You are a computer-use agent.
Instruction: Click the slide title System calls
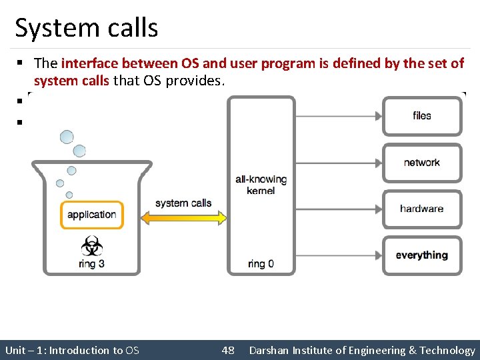(87, 28)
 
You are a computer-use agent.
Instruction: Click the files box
(421, 116)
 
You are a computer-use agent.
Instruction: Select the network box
(421, 163)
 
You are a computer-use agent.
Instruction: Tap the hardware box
(421, 209)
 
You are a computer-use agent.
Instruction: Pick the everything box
(421, 255)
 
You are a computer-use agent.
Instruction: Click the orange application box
(91, 215)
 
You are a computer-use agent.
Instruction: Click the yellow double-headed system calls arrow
(183, 218)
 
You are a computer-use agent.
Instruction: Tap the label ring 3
(91, 263)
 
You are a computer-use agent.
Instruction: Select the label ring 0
(261, 264)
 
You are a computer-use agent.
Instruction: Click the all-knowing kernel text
(261, 185)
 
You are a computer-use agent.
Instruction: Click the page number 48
(227, 350)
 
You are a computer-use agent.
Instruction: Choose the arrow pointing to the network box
(339, 163)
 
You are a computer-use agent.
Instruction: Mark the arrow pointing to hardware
(339, 209)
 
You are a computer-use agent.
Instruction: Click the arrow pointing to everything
(339, 255)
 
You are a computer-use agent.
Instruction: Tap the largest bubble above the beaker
(67, 137)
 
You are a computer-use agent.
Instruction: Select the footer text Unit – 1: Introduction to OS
(72, 350)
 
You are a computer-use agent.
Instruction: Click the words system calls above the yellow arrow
(183, 203)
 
